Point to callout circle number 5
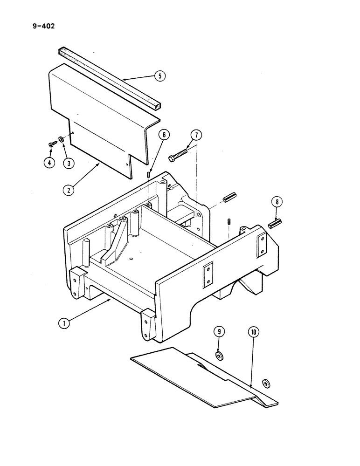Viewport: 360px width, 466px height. pyautogui.click(x=159, y=76)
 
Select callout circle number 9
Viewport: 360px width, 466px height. pyautogui.click(x=219, y=332)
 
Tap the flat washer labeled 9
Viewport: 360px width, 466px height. pyautogui.click(x=220, y=356)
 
